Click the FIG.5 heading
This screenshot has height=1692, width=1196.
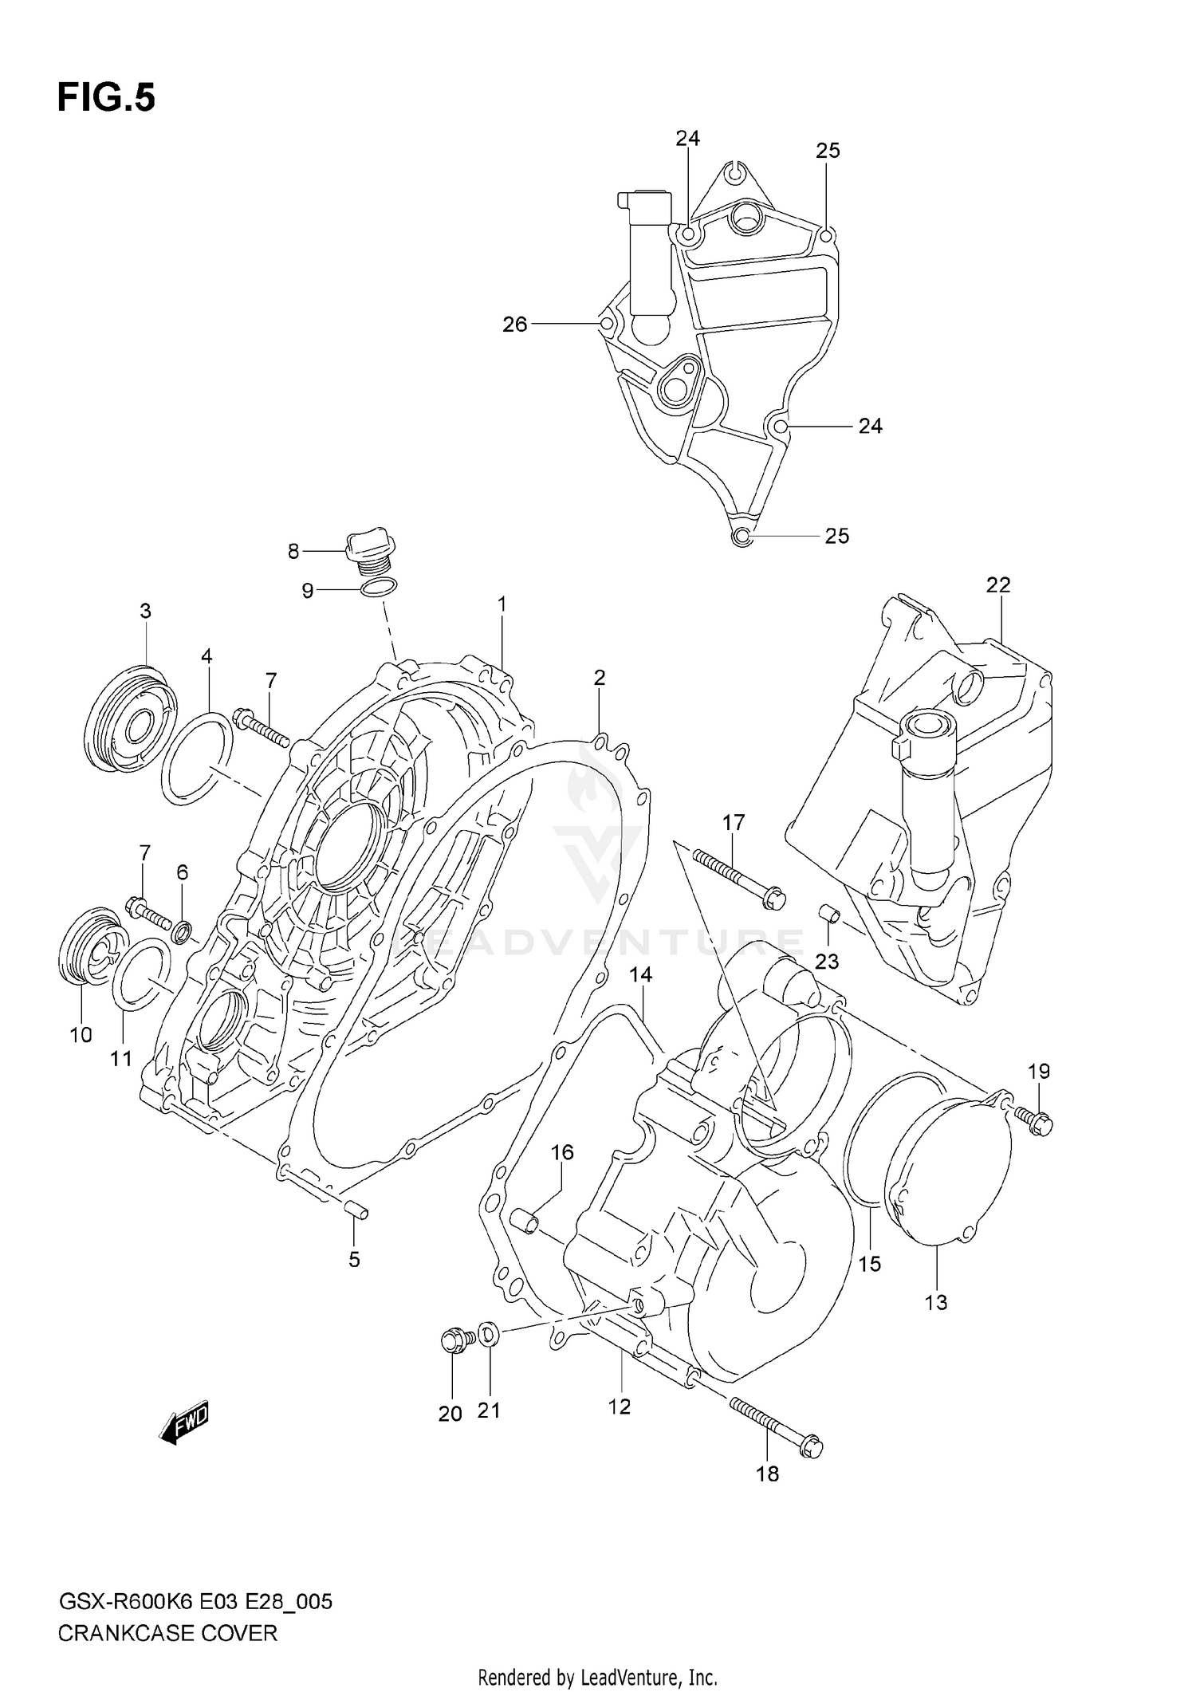tap(106, 98)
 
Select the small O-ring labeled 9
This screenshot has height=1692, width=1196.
tap(379, 589)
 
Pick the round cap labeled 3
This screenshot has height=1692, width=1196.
tap(128, 719)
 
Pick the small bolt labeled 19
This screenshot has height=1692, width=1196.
tap(1037, 1123)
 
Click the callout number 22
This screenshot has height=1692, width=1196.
tap(997, 585)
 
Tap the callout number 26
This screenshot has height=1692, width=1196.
tap(515, 325)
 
